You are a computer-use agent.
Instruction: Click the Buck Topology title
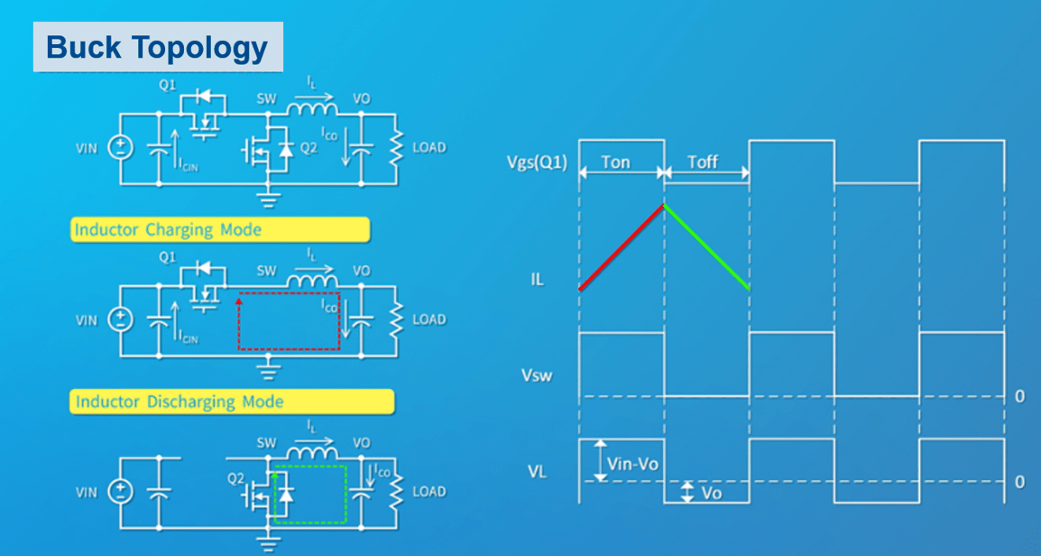point(158,47)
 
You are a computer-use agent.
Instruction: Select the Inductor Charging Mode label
point(168,229)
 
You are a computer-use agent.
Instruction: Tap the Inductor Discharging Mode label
point(179,402)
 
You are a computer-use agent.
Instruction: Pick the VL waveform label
point(537,470)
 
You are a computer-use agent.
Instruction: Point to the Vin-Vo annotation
point(632,463)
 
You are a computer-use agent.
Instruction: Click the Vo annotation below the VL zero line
point(712,494)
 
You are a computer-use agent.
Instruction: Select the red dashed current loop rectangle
point(289,347)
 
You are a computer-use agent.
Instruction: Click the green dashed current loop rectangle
point(310,521)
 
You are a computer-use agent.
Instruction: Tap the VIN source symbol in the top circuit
point(119,148)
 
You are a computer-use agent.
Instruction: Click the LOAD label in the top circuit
point(428,147)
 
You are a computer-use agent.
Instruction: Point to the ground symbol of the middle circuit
point(268,368)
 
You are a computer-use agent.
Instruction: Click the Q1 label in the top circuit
point(167,85)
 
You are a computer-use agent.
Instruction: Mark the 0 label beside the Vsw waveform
point(1020,397)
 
